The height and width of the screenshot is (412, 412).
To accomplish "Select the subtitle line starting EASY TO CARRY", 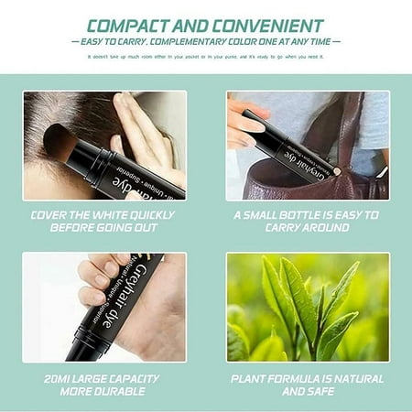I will point(206,41).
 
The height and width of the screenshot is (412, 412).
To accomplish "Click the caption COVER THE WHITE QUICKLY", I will point(103,215).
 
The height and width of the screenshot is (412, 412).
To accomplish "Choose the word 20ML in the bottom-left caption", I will point(56,377).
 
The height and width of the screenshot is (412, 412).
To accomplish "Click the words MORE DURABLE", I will point(103,391).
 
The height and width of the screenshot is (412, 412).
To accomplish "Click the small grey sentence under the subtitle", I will point(206,56).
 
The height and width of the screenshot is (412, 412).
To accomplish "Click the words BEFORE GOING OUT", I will point(103,229).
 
